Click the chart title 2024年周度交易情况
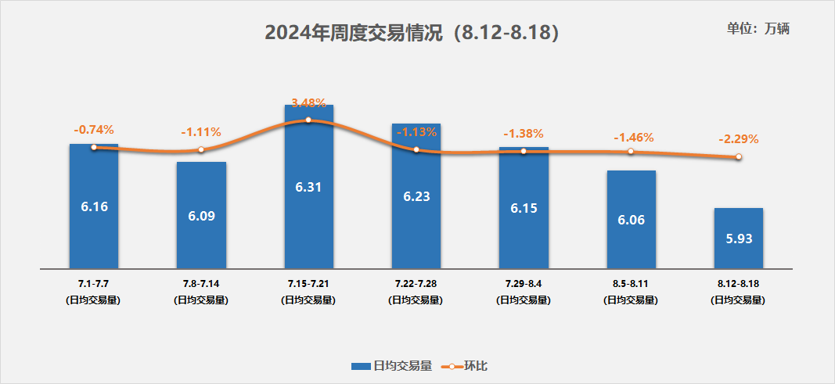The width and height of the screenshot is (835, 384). pos(412,33)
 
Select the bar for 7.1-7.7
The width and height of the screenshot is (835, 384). pos(94,206)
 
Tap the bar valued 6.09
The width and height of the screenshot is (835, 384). pos(201,215)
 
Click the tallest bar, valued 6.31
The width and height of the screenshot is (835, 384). pos(308,188)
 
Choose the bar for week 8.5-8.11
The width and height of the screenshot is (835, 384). pos(631,220)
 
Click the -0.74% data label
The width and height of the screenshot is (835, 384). pos(94,129)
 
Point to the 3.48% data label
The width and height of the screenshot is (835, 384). pos(308,102)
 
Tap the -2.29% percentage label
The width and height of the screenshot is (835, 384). pos(738,139)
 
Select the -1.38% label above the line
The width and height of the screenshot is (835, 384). pos(523,133)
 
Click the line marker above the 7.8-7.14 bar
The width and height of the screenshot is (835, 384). pos(201,149)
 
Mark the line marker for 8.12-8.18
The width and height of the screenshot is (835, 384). pos(738,157)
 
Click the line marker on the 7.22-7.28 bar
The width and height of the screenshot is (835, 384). pos(416,149)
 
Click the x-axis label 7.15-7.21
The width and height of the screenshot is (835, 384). pos(308,284)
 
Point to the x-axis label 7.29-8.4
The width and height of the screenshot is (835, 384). pos(523,284)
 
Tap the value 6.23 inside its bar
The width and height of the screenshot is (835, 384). pos(416,198)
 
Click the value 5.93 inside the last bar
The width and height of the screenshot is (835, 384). pos(738,239)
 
